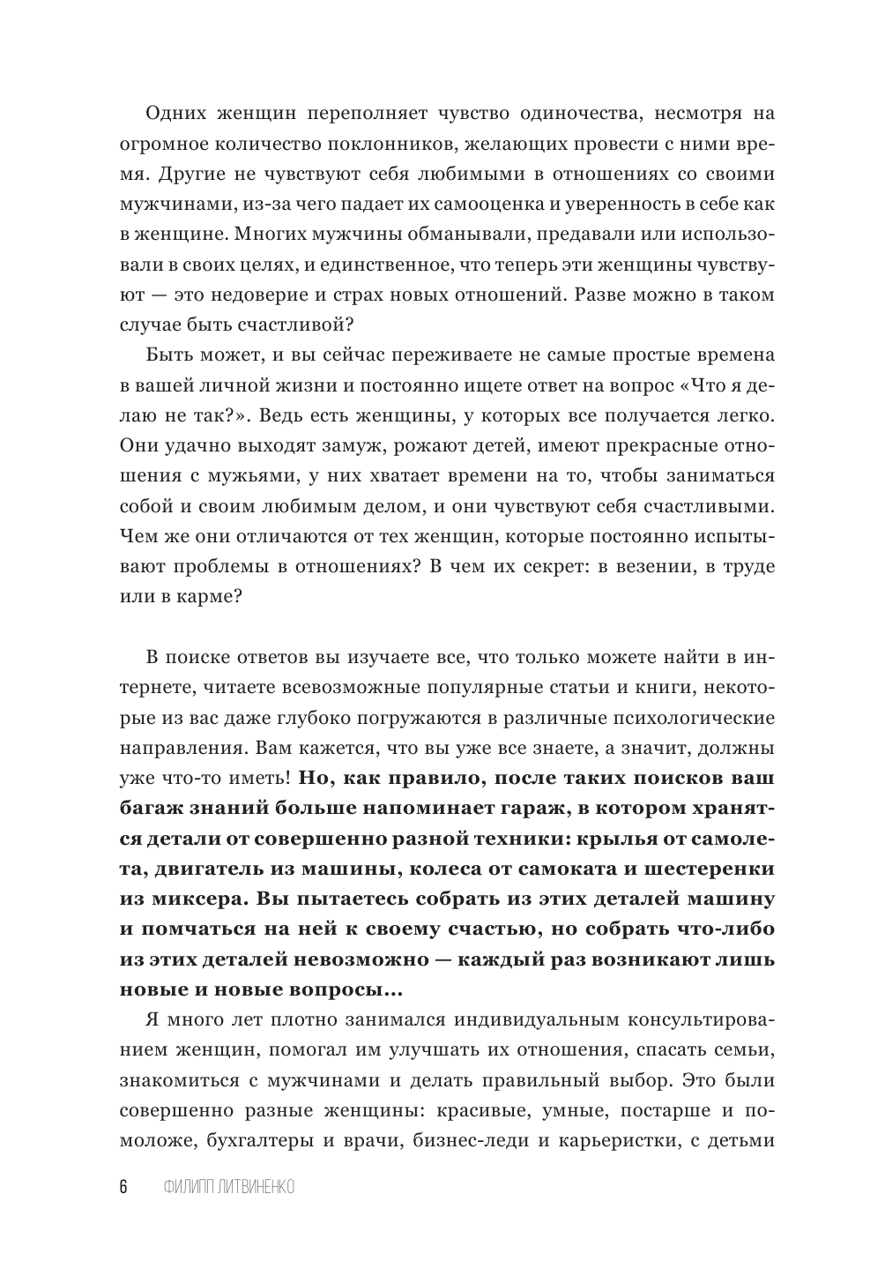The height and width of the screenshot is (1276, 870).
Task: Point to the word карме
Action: (x=196, y=597)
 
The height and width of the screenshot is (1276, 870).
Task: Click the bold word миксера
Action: (x=198, y=899)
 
